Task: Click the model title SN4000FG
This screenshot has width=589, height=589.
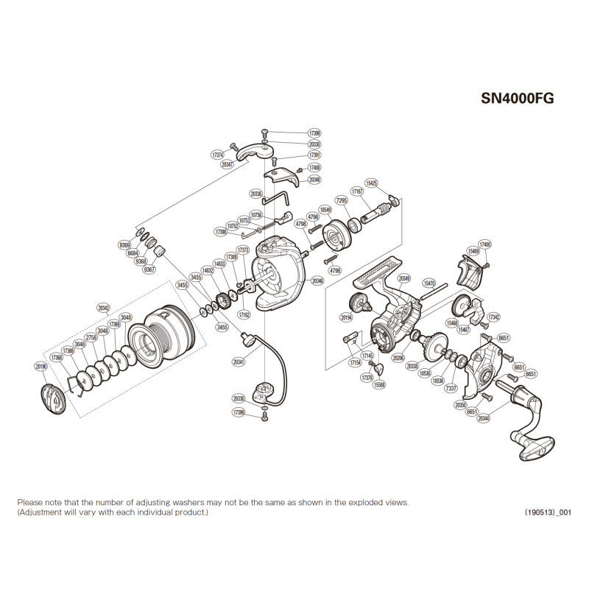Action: [x=517, y=97]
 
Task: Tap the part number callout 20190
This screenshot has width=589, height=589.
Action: [x=40, y=365]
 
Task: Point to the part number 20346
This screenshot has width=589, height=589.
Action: [x=318, y=280]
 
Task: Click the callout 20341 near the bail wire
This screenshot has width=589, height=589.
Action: [x=238, y=362]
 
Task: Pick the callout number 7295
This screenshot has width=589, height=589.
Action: [x=341, y=200]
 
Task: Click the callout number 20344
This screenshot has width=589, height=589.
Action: [x=483, y=419]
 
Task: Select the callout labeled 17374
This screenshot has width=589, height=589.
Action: [x=217, y=155]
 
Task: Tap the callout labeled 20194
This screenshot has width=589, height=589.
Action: [x=345, y=317]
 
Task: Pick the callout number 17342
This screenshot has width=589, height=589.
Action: [x=494, y=317]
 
